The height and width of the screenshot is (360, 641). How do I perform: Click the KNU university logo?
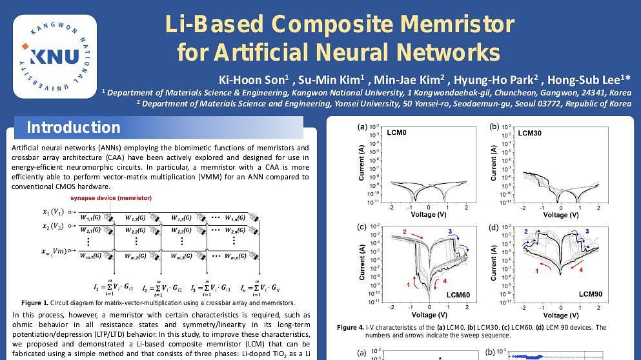(x=54, y=55)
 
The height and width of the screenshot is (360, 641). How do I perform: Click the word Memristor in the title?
(x=457, y=25)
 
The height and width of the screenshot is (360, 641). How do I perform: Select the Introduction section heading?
(x=73, y=128)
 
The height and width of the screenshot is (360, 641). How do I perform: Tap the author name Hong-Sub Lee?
(x=595, y=80)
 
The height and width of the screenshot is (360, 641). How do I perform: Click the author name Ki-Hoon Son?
(x=252, y=80)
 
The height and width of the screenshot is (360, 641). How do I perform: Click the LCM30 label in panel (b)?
(x=530, y=133)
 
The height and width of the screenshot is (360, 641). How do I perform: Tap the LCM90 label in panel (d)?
(x=590, y=294)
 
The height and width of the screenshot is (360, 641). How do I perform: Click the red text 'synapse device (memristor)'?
(x=111, y=198)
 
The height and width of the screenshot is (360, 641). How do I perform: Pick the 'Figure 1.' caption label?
(x=35, y=303)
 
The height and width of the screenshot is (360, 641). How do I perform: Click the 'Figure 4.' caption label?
(x=351, y=328)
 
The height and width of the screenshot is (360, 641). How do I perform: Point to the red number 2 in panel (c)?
(x=405, y=232)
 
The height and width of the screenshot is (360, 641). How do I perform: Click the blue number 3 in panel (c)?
(x=449, y=231)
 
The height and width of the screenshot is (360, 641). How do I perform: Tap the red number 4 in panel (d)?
(x=581, y=270)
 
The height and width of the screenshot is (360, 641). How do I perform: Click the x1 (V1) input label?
(x=53, y=212)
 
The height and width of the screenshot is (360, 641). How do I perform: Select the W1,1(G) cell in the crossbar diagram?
(x=90, y=217)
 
